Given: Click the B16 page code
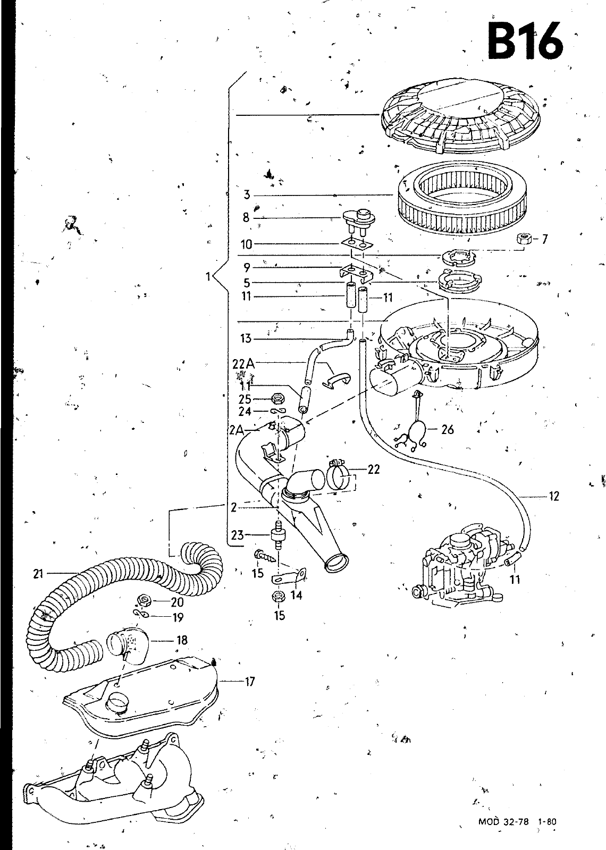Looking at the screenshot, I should pos(525,42).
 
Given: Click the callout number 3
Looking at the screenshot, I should pos(247,195).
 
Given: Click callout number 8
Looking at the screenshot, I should pos(246,217).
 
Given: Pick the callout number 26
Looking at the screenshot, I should pos(448,429).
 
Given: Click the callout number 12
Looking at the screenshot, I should pos(554,496).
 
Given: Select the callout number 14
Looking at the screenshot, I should pos(296,595).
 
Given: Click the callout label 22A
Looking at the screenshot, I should pos(243,364).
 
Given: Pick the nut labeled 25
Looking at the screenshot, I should pos(276,398).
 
